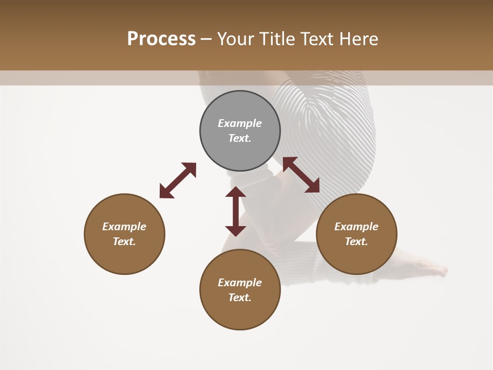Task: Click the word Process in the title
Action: tap(161, 39)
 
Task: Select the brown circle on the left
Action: tap(124, 257)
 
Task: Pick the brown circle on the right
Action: tap(356, 257)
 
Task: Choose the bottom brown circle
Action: tap(240, 313)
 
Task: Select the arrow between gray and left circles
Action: tap(178, 180)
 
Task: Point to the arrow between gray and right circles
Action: tap(301, 175)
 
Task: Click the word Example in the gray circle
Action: tap(240, 123)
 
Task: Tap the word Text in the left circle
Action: tap(124, 242)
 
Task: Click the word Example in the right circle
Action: tap(356, 227)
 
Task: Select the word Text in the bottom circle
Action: tap(240, 298)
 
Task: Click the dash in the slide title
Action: tap(206, 39)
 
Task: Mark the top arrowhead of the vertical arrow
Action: tap(236, 192)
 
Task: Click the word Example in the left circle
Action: tap(124, 227)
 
